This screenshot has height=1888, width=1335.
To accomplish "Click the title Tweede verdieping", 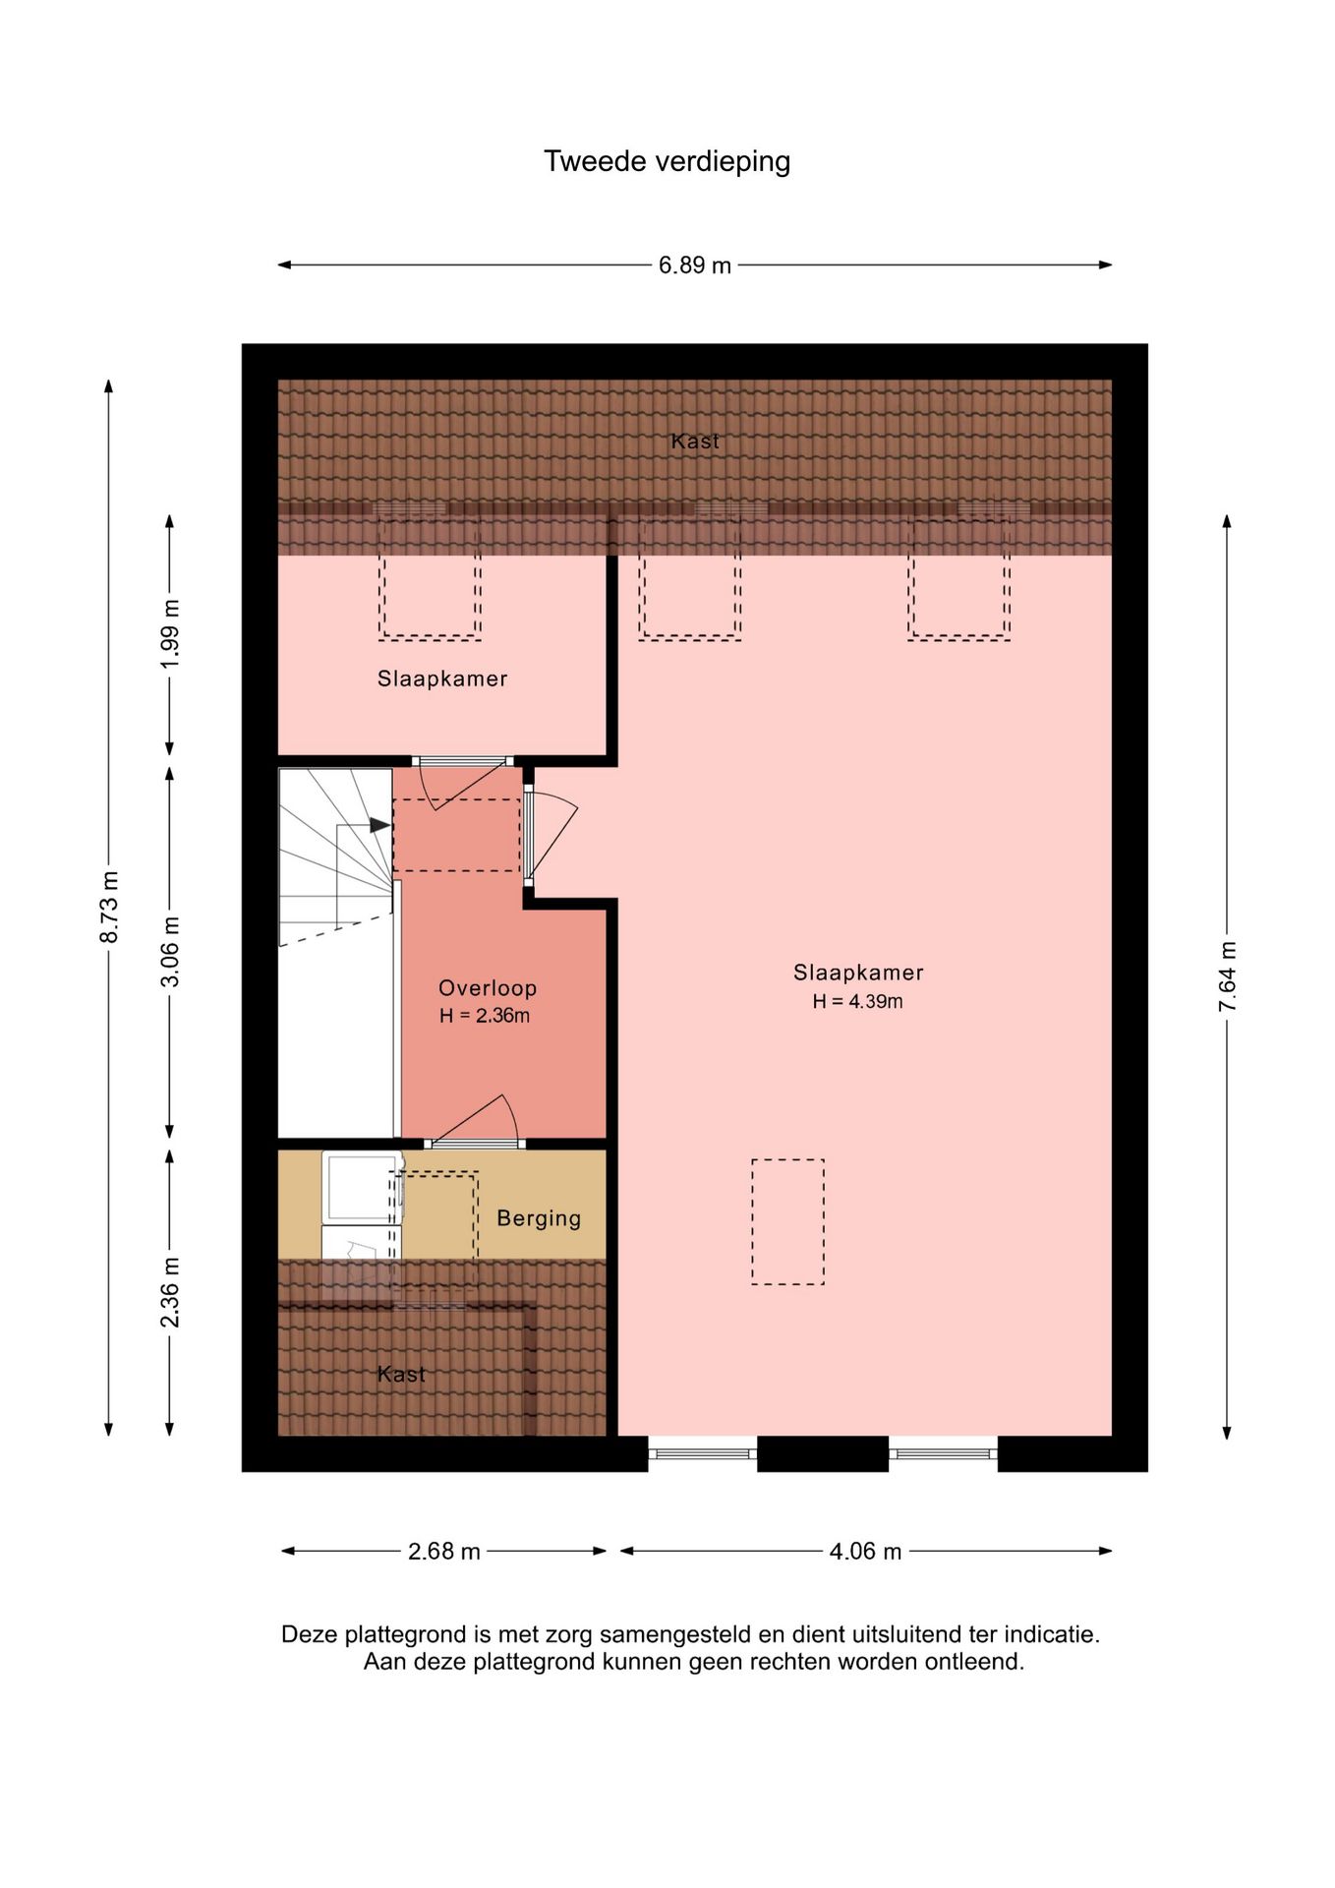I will point(667,161).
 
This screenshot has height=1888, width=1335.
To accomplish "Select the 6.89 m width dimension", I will point(694,265).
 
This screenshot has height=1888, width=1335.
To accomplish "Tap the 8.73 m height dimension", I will point(109,907).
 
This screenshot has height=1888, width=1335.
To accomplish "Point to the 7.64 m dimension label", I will point(1227,975).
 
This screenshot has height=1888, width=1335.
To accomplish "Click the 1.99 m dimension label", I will point(170,633).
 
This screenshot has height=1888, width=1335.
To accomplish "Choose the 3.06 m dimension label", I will point(170,951).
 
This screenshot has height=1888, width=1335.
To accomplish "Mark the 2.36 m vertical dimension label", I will point(170,1291).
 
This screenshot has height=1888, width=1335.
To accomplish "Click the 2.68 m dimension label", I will point(443,1551).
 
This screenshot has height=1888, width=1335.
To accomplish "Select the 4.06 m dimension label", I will point(865,1551).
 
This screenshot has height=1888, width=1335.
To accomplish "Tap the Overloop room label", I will point(488,988).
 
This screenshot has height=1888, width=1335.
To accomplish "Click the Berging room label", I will point(539,1218).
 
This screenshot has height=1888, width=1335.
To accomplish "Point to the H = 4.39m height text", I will point(857,1002).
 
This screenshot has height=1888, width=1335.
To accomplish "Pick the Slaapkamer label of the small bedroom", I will point(442,678).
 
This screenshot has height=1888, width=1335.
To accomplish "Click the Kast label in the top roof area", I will point(695,442).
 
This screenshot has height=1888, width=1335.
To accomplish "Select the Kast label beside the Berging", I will point(401,1374).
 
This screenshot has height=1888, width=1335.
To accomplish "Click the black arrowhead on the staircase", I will point(379,826).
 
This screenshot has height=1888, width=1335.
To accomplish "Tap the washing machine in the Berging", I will point(361,1187).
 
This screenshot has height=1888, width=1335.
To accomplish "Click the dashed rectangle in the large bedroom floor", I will point(787,1221).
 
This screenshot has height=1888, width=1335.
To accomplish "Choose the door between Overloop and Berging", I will point(475,1143).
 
